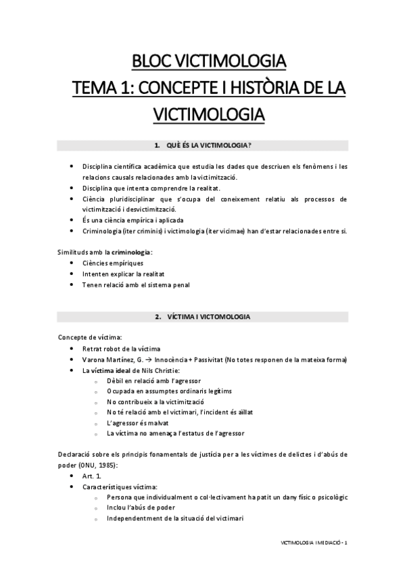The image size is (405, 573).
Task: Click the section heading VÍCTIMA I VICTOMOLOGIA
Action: point(203,316)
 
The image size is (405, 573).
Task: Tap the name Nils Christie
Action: point(160,370)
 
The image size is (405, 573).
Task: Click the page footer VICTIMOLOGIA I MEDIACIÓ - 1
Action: point(314,542)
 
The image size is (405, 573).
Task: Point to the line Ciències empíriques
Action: point(113,263)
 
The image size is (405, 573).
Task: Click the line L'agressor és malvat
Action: point(136,422)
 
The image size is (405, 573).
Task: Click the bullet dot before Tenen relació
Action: point(72,285)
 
